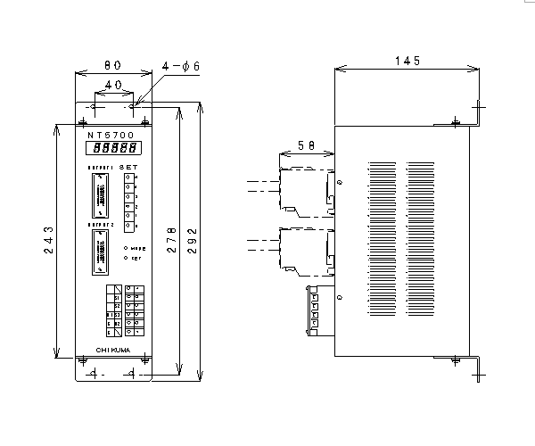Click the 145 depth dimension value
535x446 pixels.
coord(407,61)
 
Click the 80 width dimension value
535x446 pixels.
coord(113,65)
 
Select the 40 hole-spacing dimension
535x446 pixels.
coord(114,84)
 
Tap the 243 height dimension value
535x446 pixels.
coord(50,241)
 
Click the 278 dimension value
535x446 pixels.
coord(172,241)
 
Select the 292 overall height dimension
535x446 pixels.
coord(193,241)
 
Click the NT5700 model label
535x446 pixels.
coord(111,133)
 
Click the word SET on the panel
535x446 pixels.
coord(128,166)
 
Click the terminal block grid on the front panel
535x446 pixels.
coord(127,310)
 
